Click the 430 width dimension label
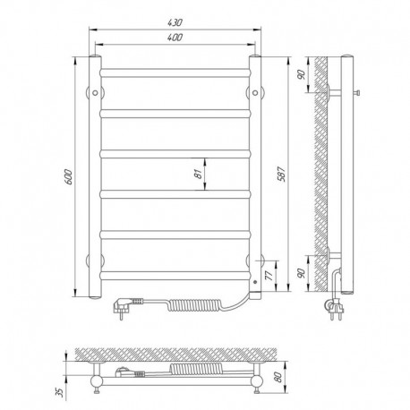pyautogui.click(x=175, y=22)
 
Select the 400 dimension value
pyautogui.click(x=175, y=38)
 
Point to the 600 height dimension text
pyautogui.click(x=68, y=176)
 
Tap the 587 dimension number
pyautogui.click(x=282, y=174)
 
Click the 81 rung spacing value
pyautogui.click(x=198, y=174)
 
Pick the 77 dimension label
pyautogui.click(x=269, y=275)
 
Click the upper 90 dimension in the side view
pyautogui.click(x=302, y=74)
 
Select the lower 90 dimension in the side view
pyautogui.click(x=302, y=273)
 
